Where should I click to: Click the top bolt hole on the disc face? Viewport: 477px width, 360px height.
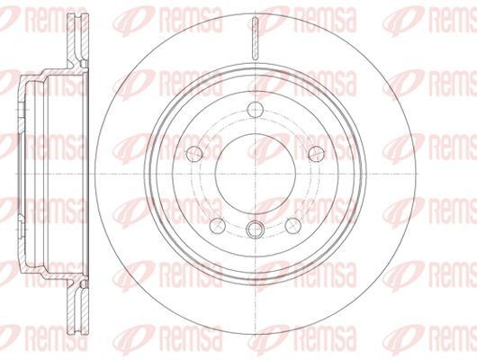(256, 110)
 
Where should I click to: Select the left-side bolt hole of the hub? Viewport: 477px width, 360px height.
(194, 154)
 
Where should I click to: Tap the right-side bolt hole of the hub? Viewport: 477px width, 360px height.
(317, 154)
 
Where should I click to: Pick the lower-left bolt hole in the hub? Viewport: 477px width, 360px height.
(218, 226)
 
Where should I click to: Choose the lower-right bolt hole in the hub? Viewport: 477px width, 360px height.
(293, 226)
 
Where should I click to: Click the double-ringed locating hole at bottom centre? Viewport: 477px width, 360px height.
(256, 229)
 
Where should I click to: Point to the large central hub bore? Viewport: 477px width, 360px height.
(256, 174)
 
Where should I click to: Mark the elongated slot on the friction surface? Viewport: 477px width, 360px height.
(256, 38)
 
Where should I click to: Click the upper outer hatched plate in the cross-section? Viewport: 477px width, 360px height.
(70, 38)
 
